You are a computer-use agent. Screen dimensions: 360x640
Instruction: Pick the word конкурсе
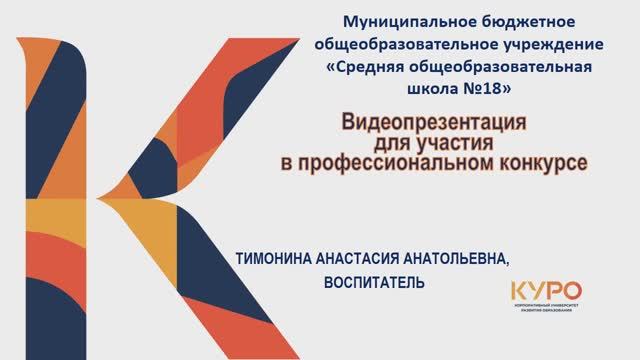[541, 162]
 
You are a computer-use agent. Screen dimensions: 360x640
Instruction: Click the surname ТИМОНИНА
[272, 259]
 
